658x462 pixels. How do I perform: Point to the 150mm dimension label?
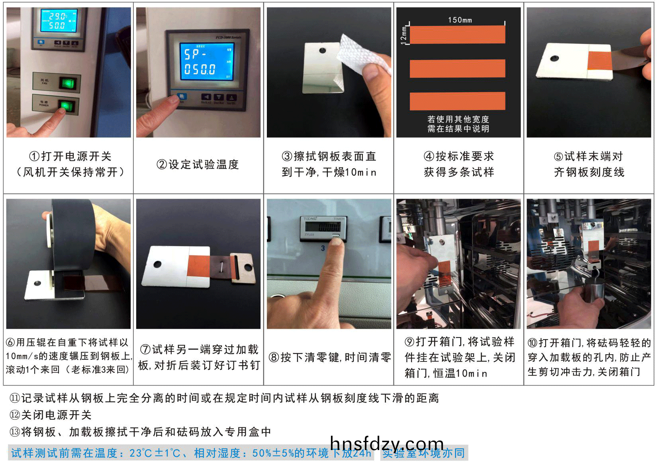point(460,20)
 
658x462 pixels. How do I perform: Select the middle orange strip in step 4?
point(457,68)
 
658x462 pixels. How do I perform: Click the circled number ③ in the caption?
point(287,156)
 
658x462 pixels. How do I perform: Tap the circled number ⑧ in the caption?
point(274,357)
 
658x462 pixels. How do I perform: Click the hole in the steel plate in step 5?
point(554,58)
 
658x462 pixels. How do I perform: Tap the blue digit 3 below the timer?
point(323,248)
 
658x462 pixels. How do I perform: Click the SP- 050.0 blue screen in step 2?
point(206,62)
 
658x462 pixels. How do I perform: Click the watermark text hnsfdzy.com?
point(387,444)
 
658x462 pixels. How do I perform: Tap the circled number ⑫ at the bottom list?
point(15,415)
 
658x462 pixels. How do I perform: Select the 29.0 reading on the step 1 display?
point(58,16)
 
